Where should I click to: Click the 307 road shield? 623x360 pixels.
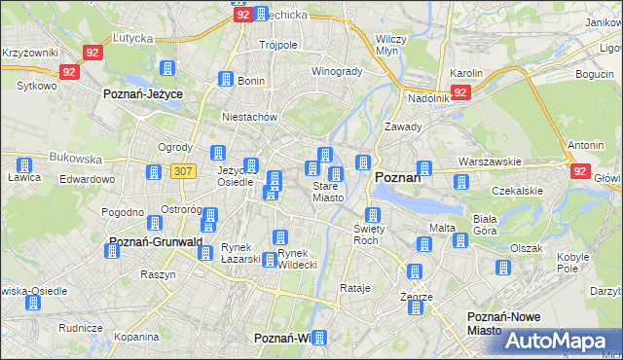[x=181, y=171]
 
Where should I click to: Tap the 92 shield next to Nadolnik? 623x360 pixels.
[x=461, y=92]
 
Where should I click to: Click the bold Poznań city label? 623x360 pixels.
[x=397, y=177]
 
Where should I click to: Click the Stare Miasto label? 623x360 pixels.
[x=327, y=192]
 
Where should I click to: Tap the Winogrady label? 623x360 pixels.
[x=336, y=71]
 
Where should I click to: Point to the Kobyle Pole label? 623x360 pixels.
[x=573, y=263]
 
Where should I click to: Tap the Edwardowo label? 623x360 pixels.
[x=87, y=179]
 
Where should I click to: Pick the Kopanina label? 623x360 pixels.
[x=135, y=337]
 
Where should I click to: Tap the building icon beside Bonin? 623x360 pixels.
[x=226, y=80]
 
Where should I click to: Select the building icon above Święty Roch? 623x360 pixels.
[x=371, y=215]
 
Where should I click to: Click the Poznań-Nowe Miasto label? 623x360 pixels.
[x=499, y=324]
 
